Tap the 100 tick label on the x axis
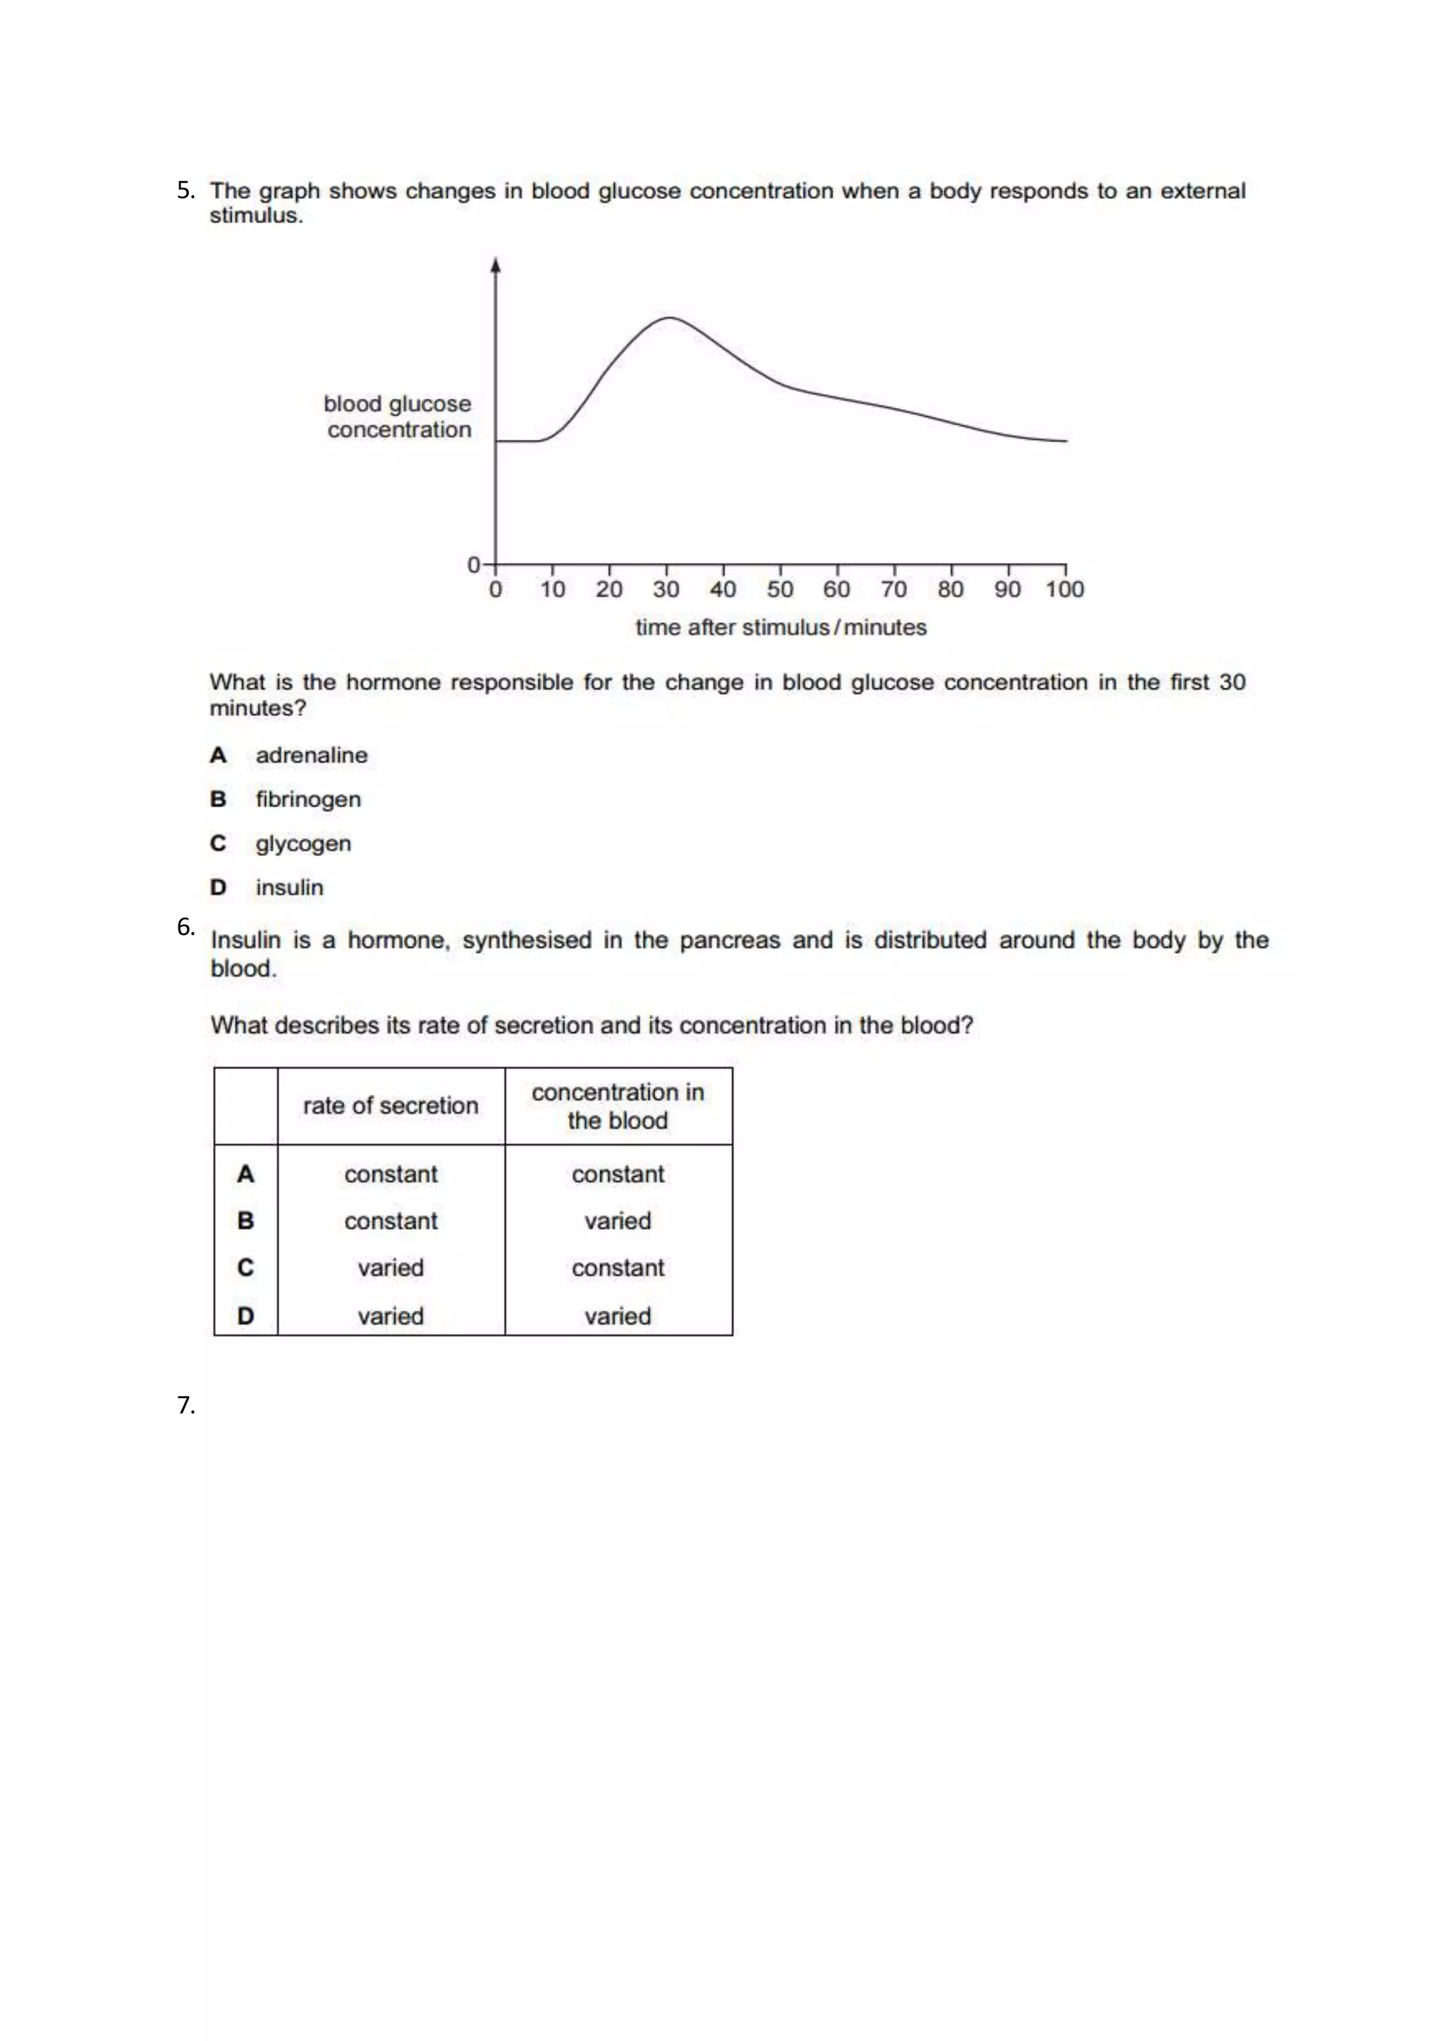coord(1065,588)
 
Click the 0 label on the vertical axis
coord(474,565)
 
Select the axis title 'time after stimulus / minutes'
coord(781,627)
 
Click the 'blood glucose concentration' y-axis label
coord(398,416)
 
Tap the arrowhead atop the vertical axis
coord(495,265)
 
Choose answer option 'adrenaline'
coord(311,755)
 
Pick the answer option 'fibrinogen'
coord(307,799)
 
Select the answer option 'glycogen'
coord(303,844)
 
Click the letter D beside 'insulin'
coord(218,887)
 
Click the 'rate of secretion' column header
coord(391,1106)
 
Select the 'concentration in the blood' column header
coord(618,1106)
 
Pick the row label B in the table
coord(245,1221)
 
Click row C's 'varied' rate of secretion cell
coord(391,1268)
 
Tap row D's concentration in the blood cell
coord(618,1316)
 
